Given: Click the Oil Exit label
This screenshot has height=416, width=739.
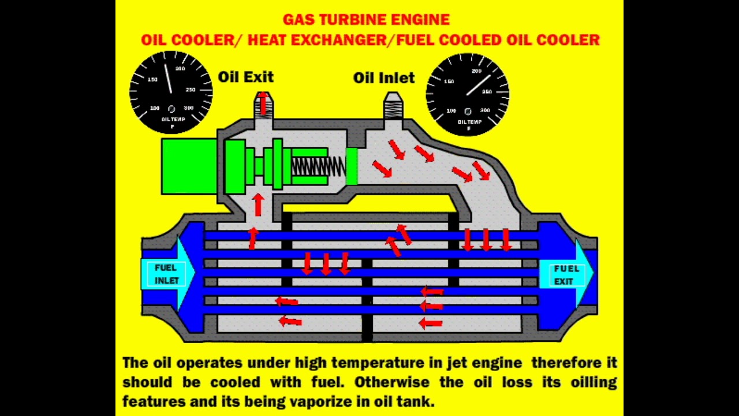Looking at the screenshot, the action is pyautogui.click(x=245, y=77).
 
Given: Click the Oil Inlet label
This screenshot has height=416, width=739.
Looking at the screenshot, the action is pyautogui.click(x=384, y=77).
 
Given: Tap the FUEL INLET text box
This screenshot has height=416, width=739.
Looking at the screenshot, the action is pyautogui.click(x=166, y=274).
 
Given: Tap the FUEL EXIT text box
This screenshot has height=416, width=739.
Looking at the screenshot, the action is pyautogui.click(x=565, y=275).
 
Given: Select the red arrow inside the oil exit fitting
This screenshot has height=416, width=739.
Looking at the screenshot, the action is pyautogui.click(x=263, y=103).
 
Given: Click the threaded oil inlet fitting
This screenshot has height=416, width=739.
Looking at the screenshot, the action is pyautogui.click(x=394, y=106).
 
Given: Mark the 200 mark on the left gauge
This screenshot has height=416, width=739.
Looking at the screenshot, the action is pyautogui.click(x=180, y=69).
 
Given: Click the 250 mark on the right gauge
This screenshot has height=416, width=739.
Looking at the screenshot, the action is pyautogui.click(x=487, y=92).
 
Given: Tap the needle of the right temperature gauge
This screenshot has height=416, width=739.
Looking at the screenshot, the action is pyautogui.click(x=478, y=85).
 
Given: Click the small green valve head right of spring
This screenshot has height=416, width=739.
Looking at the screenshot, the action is pyautogui.click(x=351, y=166).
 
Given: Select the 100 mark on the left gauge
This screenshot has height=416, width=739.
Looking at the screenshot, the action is pyautogui.click(x=155, y=108).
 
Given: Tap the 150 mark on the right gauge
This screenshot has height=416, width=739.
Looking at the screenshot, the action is pyautogui.click(x=449, y=81).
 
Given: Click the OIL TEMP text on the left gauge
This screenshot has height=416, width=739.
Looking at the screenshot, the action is pyautogui.click(x=173, y=120).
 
